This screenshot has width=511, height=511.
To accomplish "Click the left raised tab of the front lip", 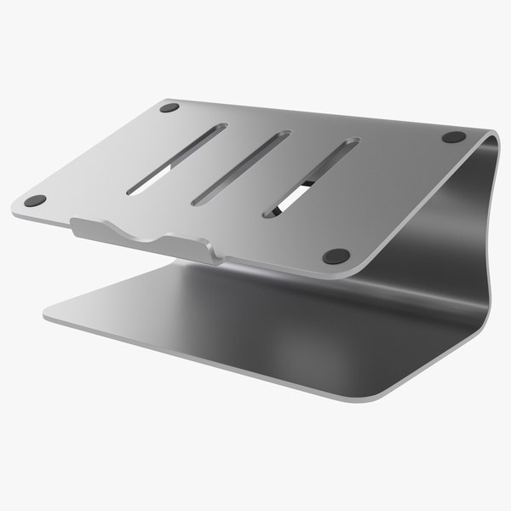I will coord(85,228).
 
